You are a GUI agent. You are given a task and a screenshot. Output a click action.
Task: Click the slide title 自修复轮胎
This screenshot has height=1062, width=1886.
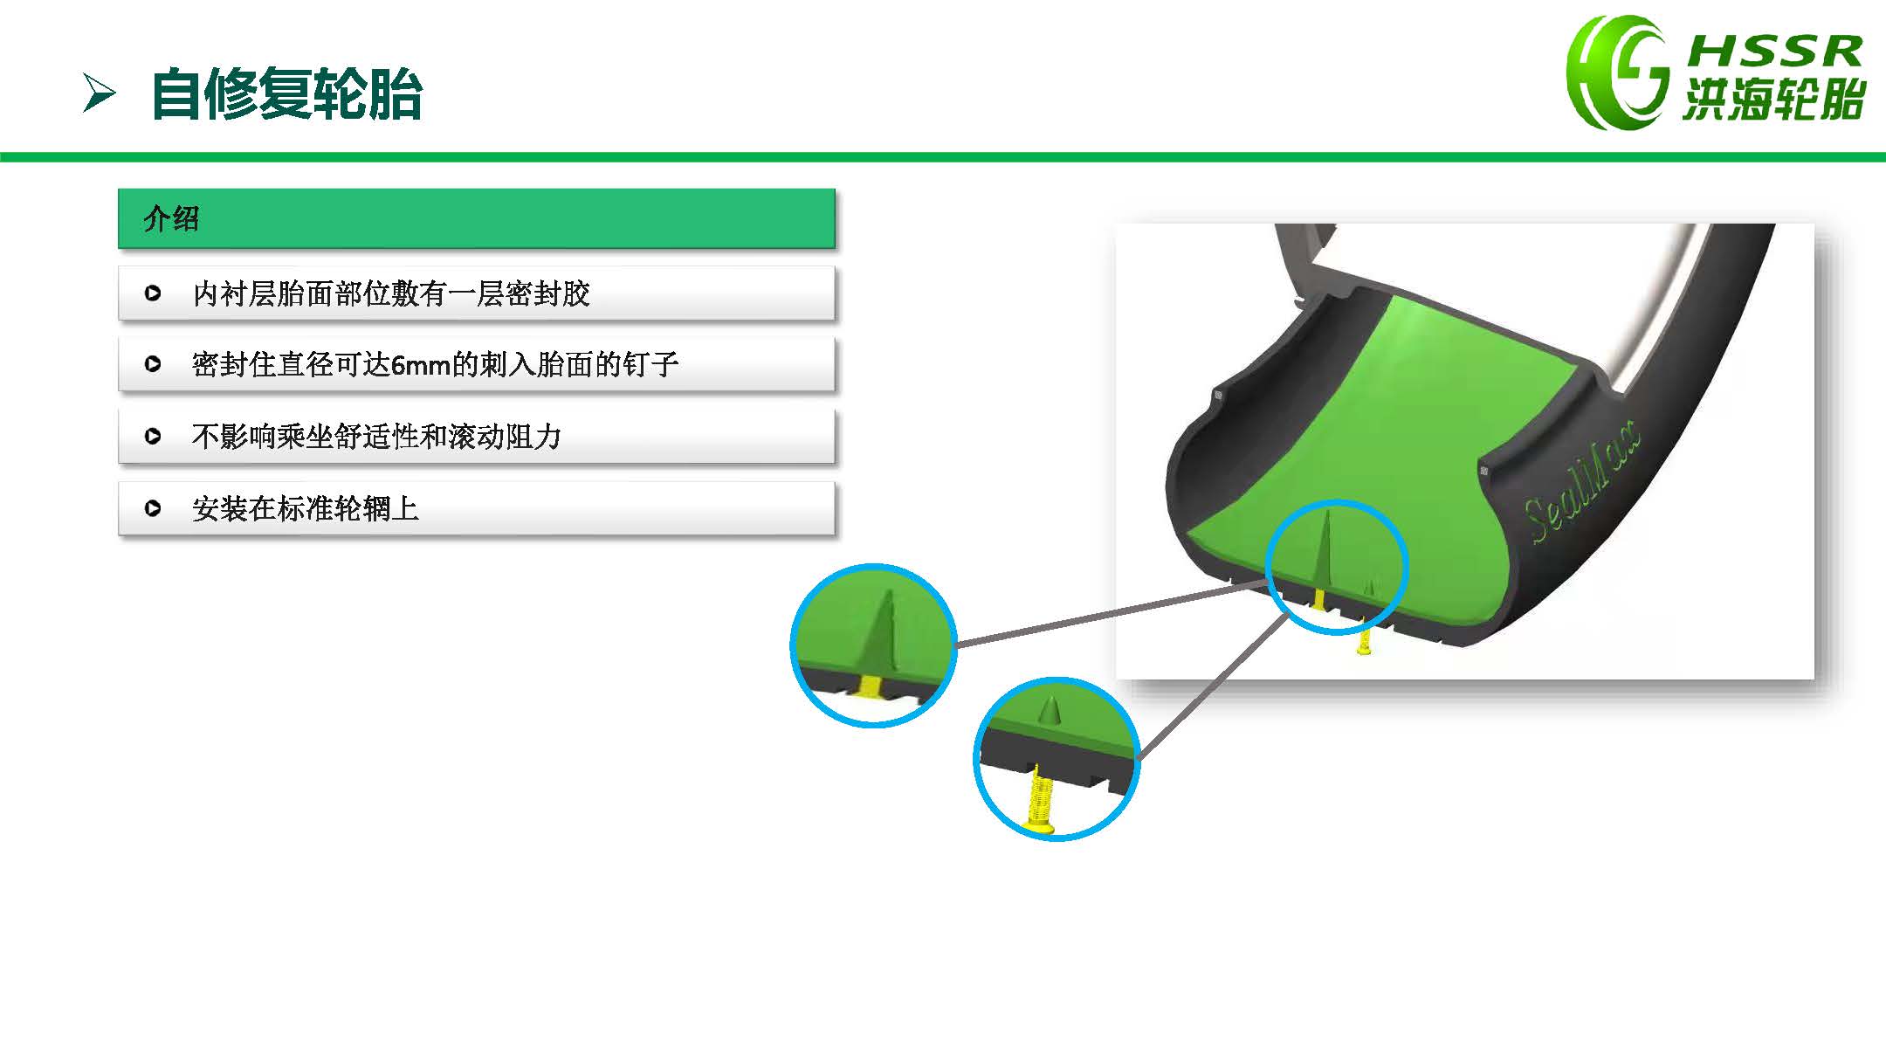(x=286, y=94)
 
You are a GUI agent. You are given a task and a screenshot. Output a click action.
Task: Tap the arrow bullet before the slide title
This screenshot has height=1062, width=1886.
(x=99, y=93)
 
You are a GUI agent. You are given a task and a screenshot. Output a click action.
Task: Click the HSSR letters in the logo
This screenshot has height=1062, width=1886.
(x=1774, y=52)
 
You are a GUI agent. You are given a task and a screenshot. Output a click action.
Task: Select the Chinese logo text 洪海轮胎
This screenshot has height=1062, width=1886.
(x=1774, y=99)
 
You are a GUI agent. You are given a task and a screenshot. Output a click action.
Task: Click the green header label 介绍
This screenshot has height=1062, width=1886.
(x=172, y=218)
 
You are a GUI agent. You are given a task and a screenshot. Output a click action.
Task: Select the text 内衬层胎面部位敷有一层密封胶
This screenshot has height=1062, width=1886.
(x=391, y=293)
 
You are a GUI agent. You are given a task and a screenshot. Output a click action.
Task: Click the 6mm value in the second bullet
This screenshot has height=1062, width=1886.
(x=420, y=365)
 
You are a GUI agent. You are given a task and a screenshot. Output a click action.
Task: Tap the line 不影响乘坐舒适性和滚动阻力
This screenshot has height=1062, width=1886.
(x=376, y=436)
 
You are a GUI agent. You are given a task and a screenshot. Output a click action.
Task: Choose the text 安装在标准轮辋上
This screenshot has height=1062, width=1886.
(x=306, y=508)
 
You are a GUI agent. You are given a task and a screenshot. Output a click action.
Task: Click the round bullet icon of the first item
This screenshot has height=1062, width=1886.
(x=153, y=293)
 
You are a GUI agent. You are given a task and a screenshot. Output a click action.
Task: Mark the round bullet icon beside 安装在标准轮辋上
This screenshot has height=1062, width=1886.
(x=153, y=508)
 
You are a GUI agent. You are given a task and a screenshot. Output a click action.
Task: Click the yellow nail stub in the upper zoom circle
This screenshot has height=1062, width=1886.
(x=871, y=686)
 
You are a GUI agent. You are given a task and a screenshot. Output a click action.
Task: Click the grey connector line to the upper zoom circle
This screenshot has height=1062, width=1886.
(x=1112, y=612)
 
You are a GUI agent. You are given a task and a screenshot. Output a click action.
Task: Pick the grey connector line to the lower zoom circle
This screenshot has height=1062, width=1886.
(x=1213, y=685)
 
